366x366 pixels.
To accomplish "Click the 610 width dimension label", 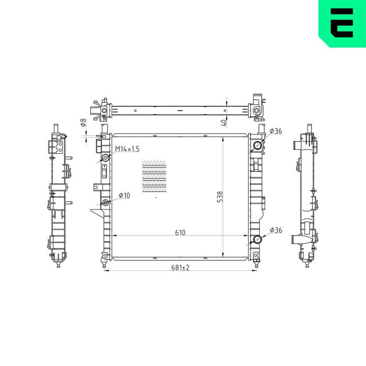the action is coord(180,232).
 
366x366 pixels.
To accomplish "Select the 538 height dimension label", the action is coord(220,197).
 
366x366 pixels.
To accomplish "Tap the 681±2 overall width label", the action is coord(180,268).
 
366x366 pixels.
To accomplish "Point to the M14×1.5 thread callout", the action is coord(127,149).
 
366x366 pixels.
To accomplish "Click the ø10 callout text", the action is coord(124,195).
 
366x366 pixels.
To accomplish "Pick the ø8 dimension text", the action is coord(83,123).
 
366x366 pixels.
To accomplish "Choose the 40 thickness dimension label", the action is coord(224,123).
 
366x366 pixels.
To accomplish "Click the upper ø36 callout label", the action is coord(276,131).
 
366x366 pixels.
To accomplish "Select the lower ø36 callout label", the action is coord(276,230).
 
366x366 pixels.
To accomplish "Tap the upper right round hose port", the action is coord(258,146).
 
